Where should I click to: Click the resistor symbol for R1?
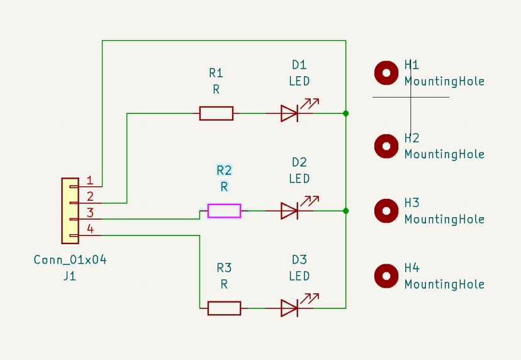216,113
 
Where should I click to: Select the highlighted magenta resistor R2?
224,211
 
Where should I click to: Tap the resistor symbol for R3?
224,308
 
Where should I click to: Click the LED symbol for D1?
289,113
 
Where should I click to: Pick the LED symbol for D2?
289,211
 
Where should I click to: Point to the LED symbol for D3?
289,308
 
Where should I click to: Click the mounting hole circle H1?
386,73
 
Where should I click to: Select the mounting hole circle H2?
386,146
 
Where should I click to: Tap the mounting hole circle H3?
386,211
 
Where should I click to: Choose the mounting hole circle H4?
386,276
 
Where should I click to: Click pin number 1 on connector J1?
90,181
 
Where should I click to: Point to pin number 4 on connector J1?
90,229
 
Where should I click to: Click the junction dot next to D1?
345,113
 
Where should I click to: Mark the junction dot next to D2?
345,211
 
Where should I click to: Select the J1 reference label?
69,275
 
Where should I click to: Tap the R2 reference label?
224,170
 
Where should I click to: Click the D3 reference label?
299,259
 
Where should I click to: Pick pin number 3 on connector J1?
90,213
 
